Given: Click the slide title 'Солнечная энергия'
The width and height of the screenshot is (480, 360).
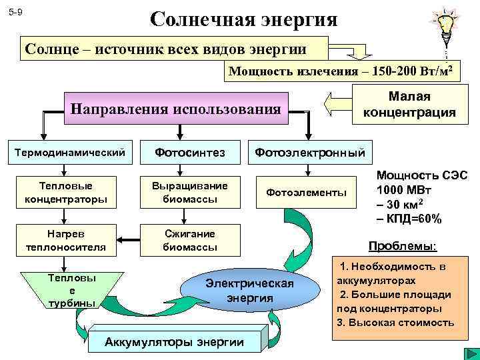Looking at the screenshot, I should [243, 18].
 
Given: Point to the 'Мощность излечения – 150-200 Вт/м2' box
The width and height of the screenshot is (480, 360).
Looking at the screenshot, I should [343, 71].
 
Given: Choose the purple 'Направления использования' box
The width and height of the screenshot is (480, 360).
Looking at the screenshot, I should [175, 109].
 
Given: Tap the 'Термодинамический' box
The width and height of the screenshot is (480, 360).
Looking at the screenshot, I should [71, 153].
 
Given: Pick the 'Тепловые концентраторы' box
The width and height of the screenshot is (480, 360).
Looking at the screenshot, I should [65, 192].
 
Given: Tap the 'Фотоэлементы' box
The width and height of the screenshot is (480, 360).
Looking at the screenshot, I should [307, 193].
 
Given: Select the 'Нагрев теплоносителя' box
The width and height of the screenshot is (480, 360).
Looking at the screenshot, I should [65, 240].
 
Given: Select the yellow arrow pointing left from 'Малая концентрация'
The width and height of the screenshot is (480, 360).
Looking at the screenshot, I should [335, 105].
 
